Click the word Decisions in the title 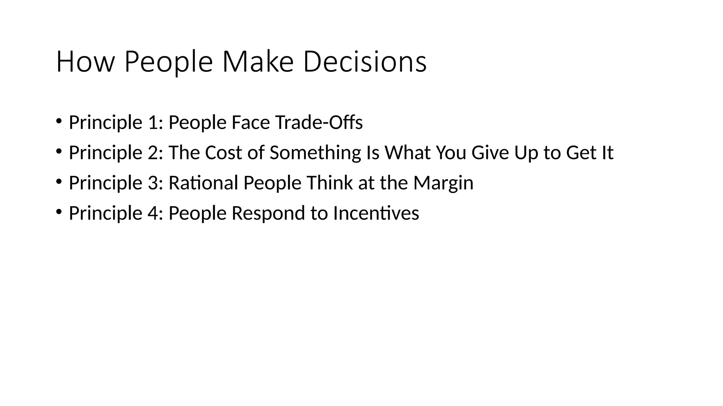coord(365,62)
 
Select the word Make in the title coord(258,62)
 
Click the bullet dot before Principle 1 coord(59,121)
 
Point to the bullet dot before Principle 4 coord(59,212)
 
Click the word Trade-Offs coord(319,123)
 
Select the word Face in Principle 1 coord(251,123)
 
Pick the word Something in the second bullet coord(315,153)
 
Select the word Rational coord(203,183)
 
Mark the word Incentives coord(376,214)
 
